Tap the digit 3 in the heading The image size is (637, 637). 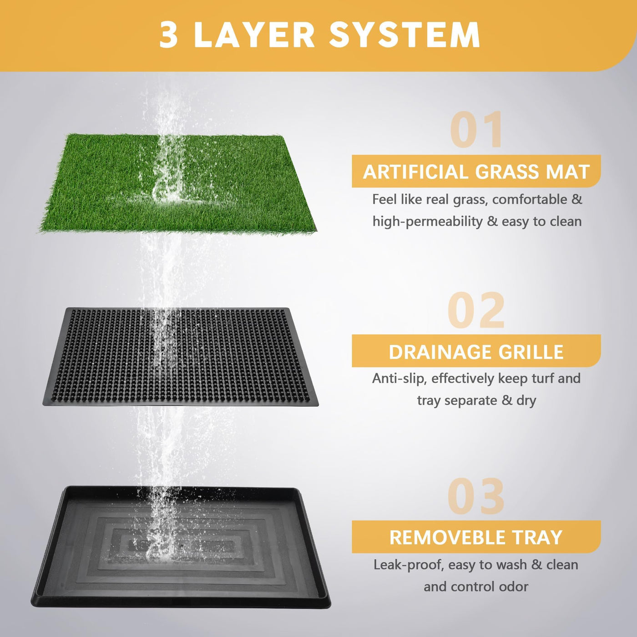coord(169,35)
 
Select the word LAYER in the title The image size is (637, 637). coord(254,35)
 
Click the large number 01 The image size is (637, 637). coord(477,130)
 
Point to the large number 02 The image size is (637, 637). coord(476,310)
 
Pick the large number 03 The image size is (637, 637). coord(476,496)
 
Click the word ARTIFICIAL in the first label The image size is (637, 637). coord(416,172)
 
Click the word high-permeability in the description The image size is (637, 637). coord(427,222)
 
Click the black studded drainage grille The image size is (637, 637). coord(181,357)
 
